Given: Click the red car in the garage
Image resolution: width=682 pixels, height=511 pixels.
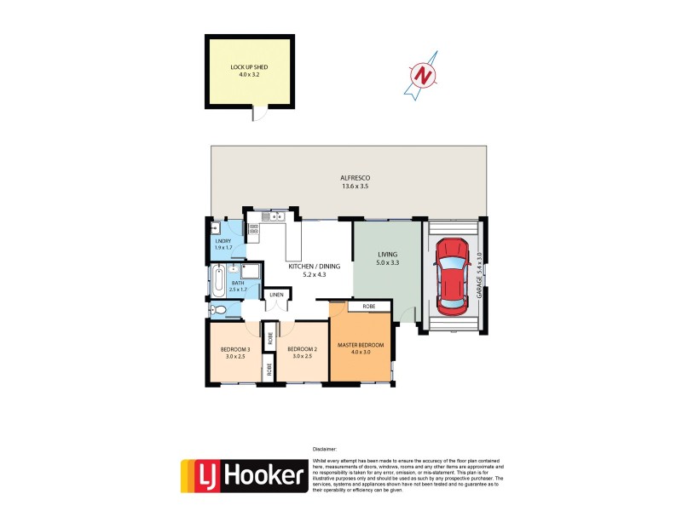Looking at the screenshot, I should coord(452,274).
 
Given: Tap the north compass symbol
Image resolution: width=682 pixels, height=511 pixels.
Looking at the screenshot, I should coord(422,75).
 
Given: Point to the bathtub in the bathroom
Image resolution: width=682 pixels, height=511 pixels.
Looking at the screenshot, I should coord(220,279).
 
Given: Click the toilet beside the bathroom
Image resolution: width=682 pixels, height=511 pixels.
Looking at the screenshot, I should coord(218,310).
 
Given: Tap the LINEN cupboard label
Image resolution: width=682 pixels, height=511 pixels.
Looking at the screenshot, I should coord(276,296).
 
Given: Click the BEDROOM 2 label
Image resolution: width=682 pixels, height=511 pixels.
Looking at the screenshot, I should coord(303,349).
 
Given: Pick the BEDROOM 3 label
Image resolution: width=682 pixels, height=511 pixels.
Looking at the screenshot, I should coord(234,349).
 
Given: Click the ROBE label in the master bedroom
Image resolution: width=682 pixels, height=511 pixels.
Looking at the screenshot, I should coord(368,305).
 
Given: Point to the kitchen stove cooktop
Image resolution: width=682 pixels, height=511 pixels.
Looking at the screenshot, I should coord(254,227).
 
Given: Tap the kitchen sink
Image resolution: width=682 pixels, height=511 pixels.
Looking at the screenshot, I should coord(275,217).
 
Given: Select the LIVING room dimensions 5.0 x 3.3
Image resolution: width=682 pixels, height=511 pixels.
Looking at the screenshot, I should coord(388,263).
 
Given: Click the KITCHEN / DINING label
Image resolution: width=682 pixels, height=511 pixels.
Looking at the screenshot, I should coord(314,267).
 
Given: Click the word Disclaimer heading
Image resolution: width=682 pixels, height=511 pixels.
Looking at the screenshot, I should coord(326,448).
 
